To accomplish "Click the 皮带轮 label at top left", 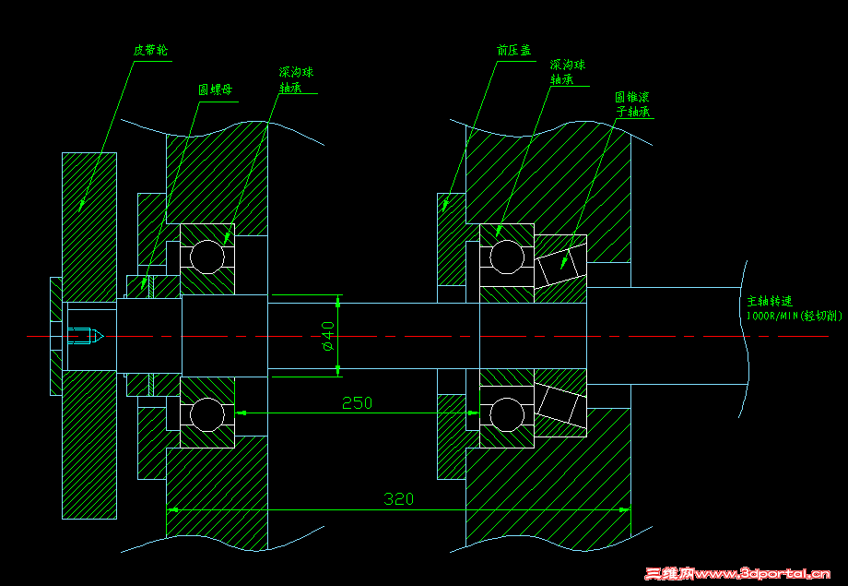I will (149, 49).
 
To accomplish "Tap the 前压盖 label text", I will (514, 51).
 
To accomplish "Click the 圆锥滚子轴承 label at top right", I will (634, 103).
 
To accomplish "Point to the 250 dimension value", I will (358, 402).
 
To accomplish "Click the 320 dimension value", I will (398, 499).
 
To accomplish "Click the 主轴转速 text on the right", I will (770, 301).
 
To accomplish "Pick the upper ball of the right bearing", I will (506, 256).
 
